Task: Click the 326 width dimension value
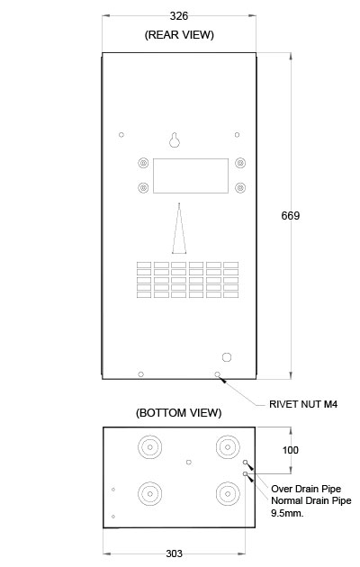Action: [x=179, y=16]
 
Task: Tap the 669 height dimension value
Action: [x=290, y=216]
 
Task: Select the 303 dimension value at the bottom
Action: [x=175, y=553]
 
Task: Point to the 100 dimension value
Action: [x=290, y=450]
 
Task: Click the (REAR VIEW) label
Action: [x=179, y=35]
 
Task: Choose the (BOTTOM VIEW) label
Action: [x=179, y=413]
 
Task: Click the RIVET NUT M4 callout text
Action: [x=303, y=404]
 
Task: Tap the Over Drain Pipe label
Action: [x=306, y=489]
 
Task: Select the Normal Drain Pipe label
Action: [x=311, y=500]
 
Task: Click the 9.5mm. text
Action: [x=287, y=513]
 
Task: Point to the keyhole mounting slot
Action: [x=175, y=140]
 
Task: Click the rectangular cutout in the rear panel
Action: [x=191, y=175]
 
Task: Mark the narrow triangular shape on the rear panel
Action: [x=179, y=229]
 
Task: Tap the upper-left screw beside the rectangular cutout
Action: [x=143, y=163]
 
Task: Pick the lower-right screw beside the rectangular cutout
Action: [x=240, y=188]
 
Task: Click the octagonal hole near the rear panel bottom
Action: [x=227, y=357]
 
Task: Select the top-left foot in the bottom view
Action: [x=149, y=447]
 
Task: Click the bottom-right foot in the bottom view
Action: [x=228, y=493]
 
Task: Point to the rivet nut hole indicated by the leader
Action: [x=217, y=374]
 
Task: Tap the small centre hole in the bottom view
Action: [x=189, y=462]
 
